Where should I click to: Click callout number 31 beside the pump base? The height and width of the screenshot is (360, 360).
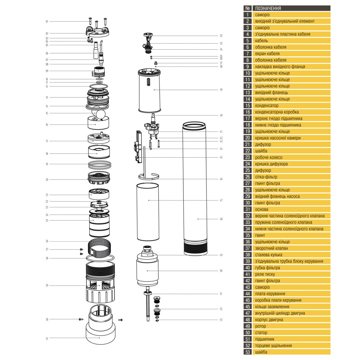coord(47,338)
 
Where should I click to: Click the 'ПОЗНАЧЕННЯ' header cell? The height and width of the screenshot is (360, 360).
coord(268,8)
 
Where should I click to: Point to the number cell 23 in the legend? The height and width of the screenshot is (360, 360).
coord(247,157)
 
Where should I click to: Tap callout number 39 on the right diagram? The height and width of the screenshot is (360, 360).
coord(221,90)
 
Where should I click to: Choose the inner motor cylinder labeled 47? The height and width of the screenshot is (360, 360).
coord(148,212)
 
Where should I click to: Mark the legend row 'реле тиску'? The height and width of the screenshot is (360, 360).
coord(265,274)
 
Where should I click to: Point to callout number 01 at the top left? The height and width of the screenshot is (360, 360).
coord(47,22)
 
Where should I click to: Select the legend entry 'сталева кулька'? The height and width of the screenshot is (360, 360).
coord(270,255)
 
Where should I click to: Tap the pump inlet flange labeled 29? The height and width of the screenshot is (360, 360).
coord(100,284)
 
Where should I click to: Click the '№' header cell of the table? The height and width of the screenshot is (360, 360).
coord(247,8)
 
